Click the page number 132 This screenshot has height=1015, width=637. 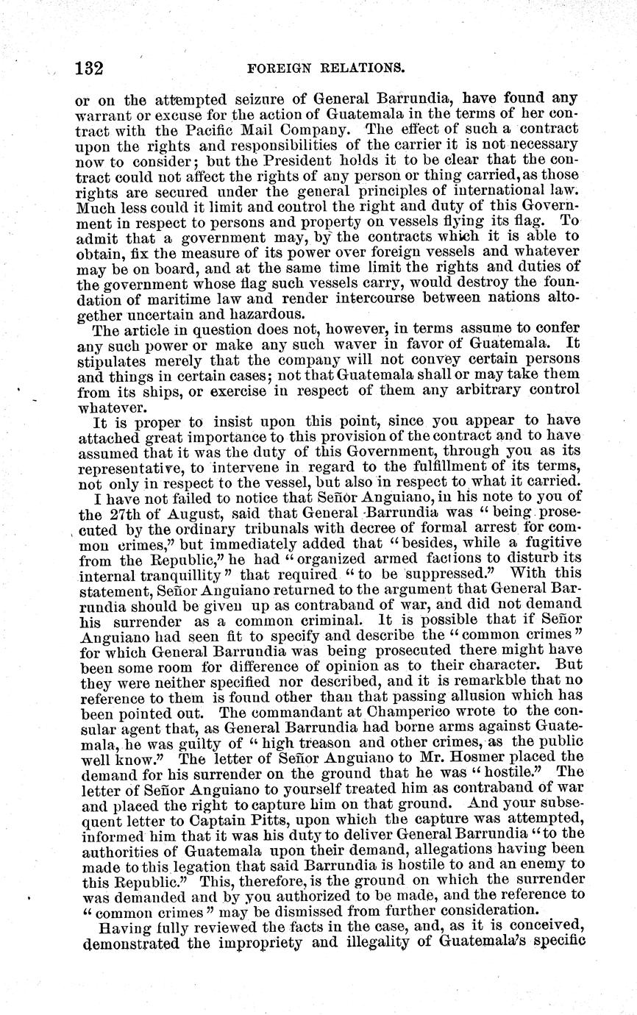[x=88, y=69]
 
